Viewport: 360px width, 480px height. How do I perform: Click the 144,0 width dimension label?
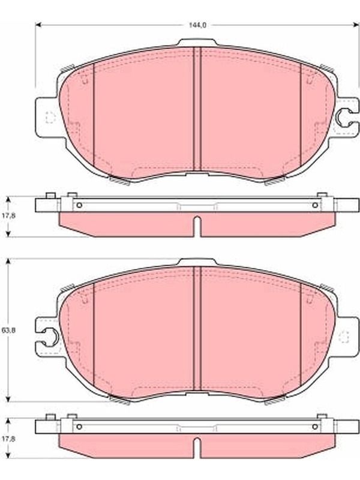[197, 25]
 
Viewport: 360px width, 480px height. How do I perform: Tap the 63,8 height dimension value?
[8, 331]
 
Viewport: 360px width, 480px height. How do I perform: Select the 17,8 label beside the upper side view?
[8, 215]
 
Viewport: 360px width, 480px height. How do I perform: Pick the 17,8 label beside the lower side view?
[8, 439]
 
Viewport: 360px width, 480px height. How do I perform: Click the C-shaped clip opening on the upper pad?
[343, 117]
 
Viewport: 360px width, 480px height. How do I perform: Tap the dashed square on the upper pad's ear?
[50, 117]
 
